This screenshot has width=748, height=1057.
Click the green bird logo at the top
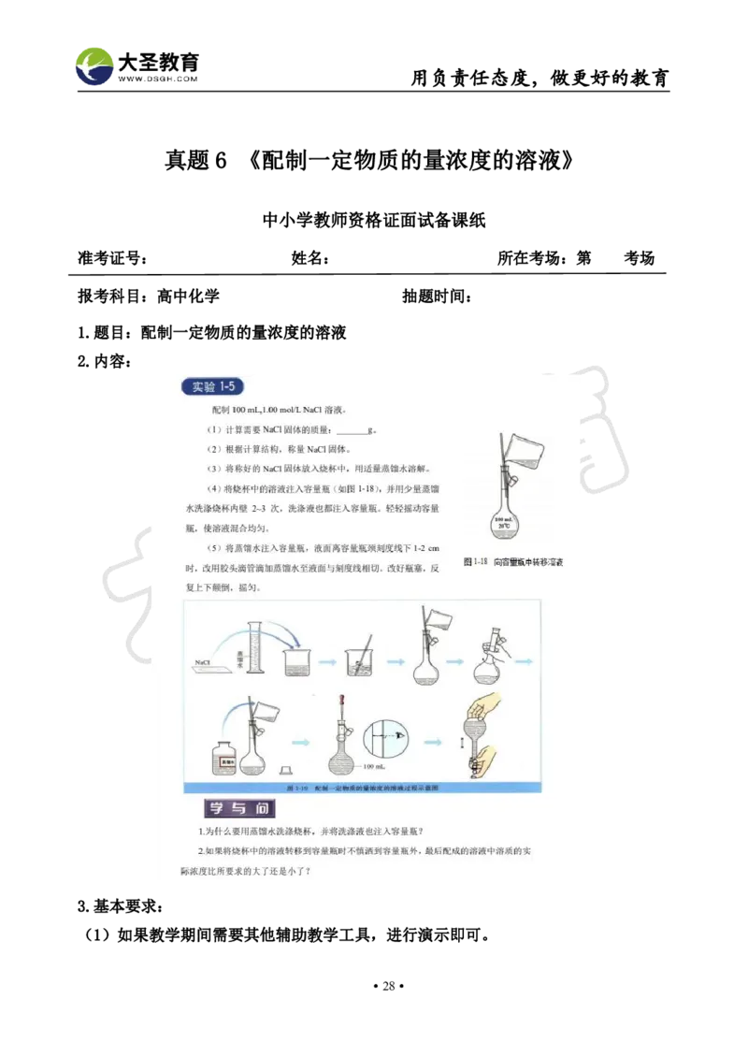[96, 65]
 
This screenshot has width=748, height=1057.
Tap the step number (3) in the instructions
[214, 469]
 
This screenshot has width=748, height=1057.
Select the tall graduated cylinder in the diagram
[251, 645]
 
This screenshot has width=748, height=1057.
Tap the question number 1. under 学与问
[201, 832]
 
